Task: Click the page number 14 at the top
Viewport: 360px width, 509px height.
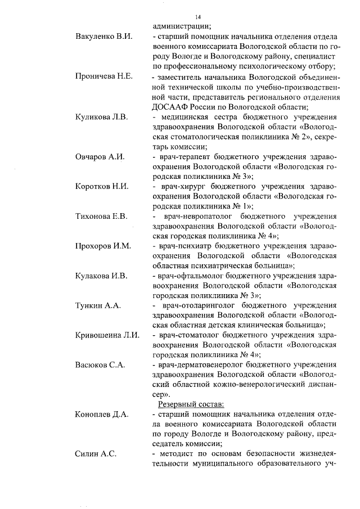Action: [197, 17]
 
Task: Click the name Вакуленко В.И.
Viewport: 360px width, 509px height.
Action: [103, 37]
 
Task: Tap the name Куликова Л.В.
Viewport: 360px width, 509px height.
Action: [102, 117]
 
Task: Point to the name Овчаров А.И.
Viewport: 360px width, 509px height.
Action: [100, 157]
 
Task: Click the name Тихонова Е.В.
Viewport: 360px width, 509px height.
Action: [101, 216]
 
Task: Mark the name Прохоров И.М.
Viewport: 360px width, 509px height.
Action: [103, 246]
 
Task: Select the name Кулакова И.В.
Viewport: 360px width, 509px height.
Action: [101, 276]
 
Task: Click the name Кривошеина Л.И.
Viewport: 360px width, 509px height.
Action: [107, 335]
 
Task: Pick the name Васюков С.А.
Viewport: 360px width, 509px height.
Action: [100, 364]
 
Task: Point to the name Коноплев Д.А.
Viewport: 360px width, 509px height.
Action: [102, 415]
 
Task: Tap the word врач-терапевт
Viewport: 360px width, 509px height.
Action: [182, 157]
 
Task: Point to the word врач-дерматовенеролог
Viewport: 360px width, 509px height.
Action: [195, 364]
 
